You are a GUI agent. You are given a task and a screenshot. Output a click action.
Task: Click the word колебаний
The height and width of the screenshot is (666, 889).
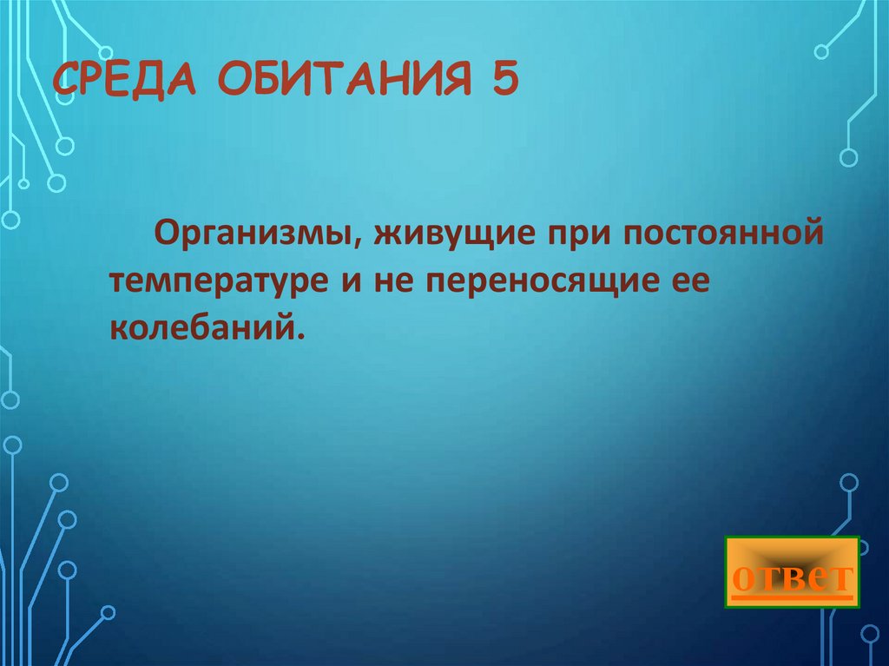(203, 328)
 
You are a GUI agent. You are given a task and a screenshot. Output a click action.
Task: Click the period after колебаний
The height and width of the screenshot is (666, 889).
(302, 337)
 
